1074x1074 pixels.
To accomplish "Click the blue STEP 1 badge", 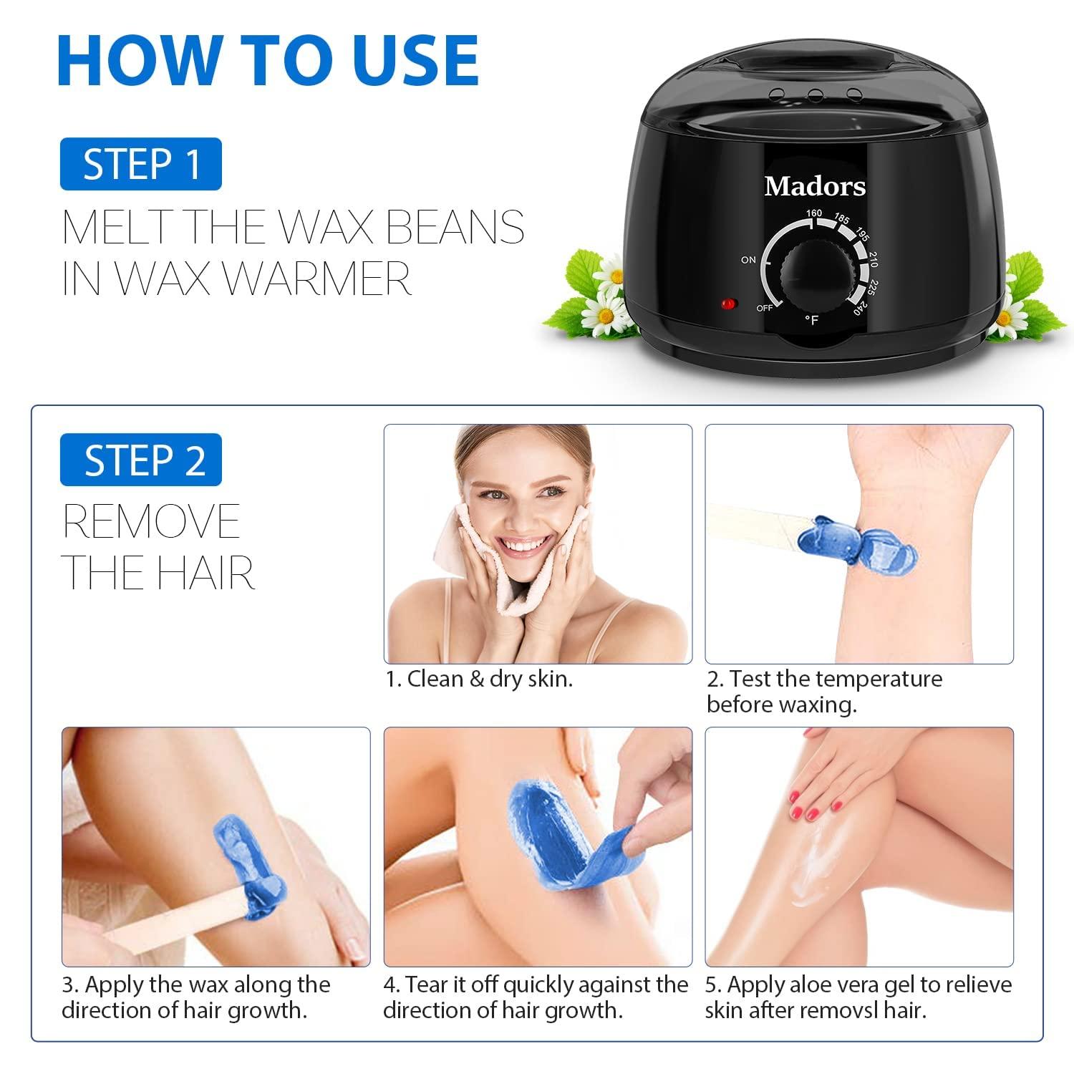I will (141, 165).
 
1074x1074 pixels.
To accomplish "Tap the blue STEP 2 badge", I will (141, 460).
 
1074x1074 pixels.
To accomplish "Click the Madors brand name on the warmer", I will (815, 187).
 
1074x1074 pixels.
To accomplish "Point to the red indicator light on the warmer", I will (729, 304).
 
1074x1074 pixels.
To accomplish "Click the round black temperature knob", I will (813, 272).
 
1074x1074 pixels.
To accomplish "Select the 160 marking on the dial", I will (813, 213).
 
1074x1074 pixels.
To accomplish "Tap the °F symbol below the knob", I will (811, 321).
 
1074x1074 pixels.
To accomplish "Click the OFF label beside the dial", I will (765, 308).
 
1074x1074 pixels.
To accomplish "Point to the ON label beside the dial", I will (748, 260).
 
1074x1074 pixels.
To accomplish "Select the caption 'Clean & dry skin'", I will (480, 679).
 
